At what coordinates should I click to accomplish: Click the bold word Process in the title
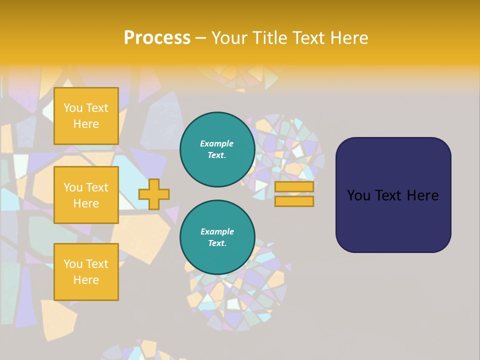click(157, 38)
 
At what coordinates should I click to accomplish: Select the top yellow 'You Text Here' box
click(86, 116)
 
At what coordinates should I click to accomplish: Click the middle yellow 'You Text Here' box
click(86, 195)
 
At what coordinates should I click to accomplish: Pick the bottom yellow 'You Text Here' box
click(86, 271)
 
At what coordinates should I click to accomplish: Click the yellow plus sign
click(154, 194)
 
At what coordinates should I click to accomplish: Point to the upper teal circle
click(217, 149)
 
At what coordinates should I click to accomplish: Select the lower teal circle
click(217, 237)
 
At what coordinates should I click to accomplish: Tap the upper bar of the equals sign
click(294, 187)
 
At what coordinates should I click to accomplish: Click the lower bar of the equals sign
click(294, 201)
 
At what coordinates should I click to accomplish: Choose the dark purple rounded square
click(393, 195)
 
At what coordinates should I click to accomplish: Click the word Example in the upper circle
click(217, 143)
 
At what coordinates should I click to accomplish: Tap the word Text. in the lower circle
click(217, 243)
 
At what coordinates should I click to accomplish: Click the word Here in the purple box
click(422, 195)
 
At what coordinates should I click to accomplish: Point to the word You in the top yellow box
click(73, 108)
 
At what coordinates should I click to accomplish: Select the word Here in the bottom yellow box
click(86, 280)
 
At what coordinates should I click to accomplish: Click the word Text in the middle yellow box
click(96, 187)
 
